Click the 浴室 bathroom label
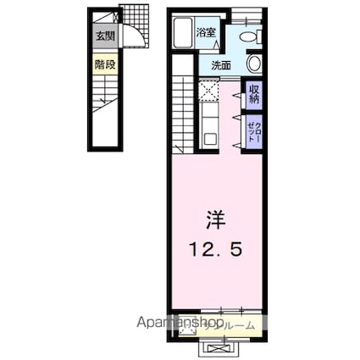(x=207, y=33)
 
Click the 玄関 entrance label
(x=105, y=36)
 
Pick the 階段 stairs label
(x=105, y=64)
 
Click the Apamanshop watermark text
(x=183, y=324)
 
